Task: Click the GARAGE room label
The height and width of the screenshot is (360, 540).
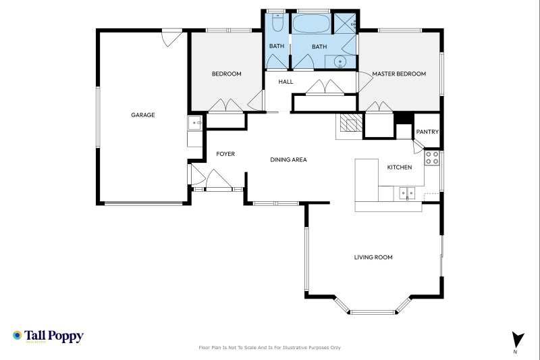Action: pyautogui.click(x=142, y=115)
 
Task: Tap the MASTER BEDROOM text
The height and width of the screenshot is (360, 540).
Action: pyautogui.click(x=399, y=74)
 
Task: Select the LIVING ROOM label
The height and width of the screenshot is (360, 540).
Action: pyautogui.click(x=373, y=257)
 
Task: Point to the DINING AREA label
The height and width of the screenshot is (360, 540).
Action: pyautogui.click(x=288, y=160)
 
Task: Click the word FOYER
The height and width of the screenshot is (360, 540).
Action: pyautogui.click(x=225, y=154)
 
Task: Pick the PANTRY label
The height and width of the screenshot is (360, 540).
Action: pyautogui.click(x=427, y=132)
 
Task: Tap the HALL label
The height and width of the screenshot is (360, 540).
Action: pyautogui.click(x=286, y=82)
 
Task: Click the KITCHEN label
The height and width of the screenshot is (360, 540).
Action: pyautogui.click(x=399, y=168)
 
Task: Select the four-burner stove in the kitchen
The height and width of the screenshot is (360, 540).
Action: pyautogui.click(x=432, y=158)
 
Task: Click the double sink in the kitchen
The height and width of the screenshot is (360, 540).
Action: pyautogui.click(x=406, y=193)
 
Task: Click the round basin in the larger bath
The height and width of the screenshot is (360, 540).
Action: pyautogui.click(x=341, y=61)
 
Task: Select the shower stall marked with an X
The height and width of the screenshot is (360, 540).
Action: pyautogui.click(x=346, y=24)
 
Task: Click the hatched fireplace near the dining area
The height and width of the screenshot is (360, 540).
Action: pyautogui.click(x=350, y=124)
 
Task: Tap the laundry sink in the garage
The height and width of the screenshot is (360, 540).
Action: pyautogui.click(x=194, y=123)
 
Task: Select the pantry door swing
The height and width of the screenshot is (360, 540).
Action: pyautogui.click(x=418, y=145)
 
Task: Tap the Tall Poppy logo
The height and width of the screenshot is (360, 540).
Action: pyautogui.click(x=47, y=336)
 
